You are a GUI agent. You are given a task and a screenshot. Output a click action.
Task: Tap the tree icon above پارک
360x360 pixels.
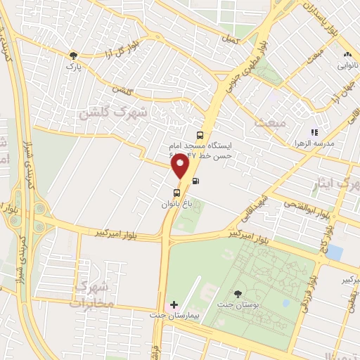[72, 55]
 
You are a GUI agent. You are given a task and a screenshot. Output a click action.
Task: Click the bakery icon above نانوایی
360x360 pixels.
[347, 54]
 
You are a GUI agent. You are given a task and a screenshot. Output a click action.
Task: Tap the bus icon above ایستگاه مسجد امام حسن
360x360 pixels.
[200, 135]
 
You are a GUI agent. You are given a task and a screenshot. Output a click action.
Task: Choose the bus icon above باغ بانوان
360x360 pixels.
[176, 193]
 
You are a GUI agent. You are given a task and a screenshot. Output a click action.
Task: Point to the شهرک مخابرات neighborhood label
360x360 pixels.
[91, 295]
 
